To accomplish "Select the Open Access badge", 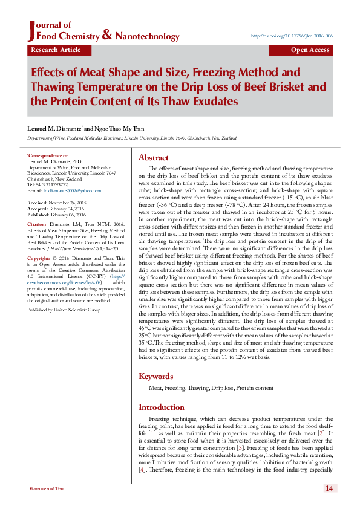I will tap(310, 50).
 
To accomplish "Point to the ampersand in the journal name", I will tap(106, 36).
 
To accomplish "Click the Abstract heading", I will tap(153, 157).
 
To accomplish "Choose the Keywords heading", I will tap(156, 376).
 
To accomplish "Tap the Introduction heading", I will tap(162, 407).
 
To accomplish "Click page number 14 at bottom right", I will tap(329, 488).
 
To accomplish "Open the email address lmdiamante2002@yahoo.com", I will tap(67, 190).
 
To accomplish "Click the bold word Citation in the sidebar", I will tap(37, 224).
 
